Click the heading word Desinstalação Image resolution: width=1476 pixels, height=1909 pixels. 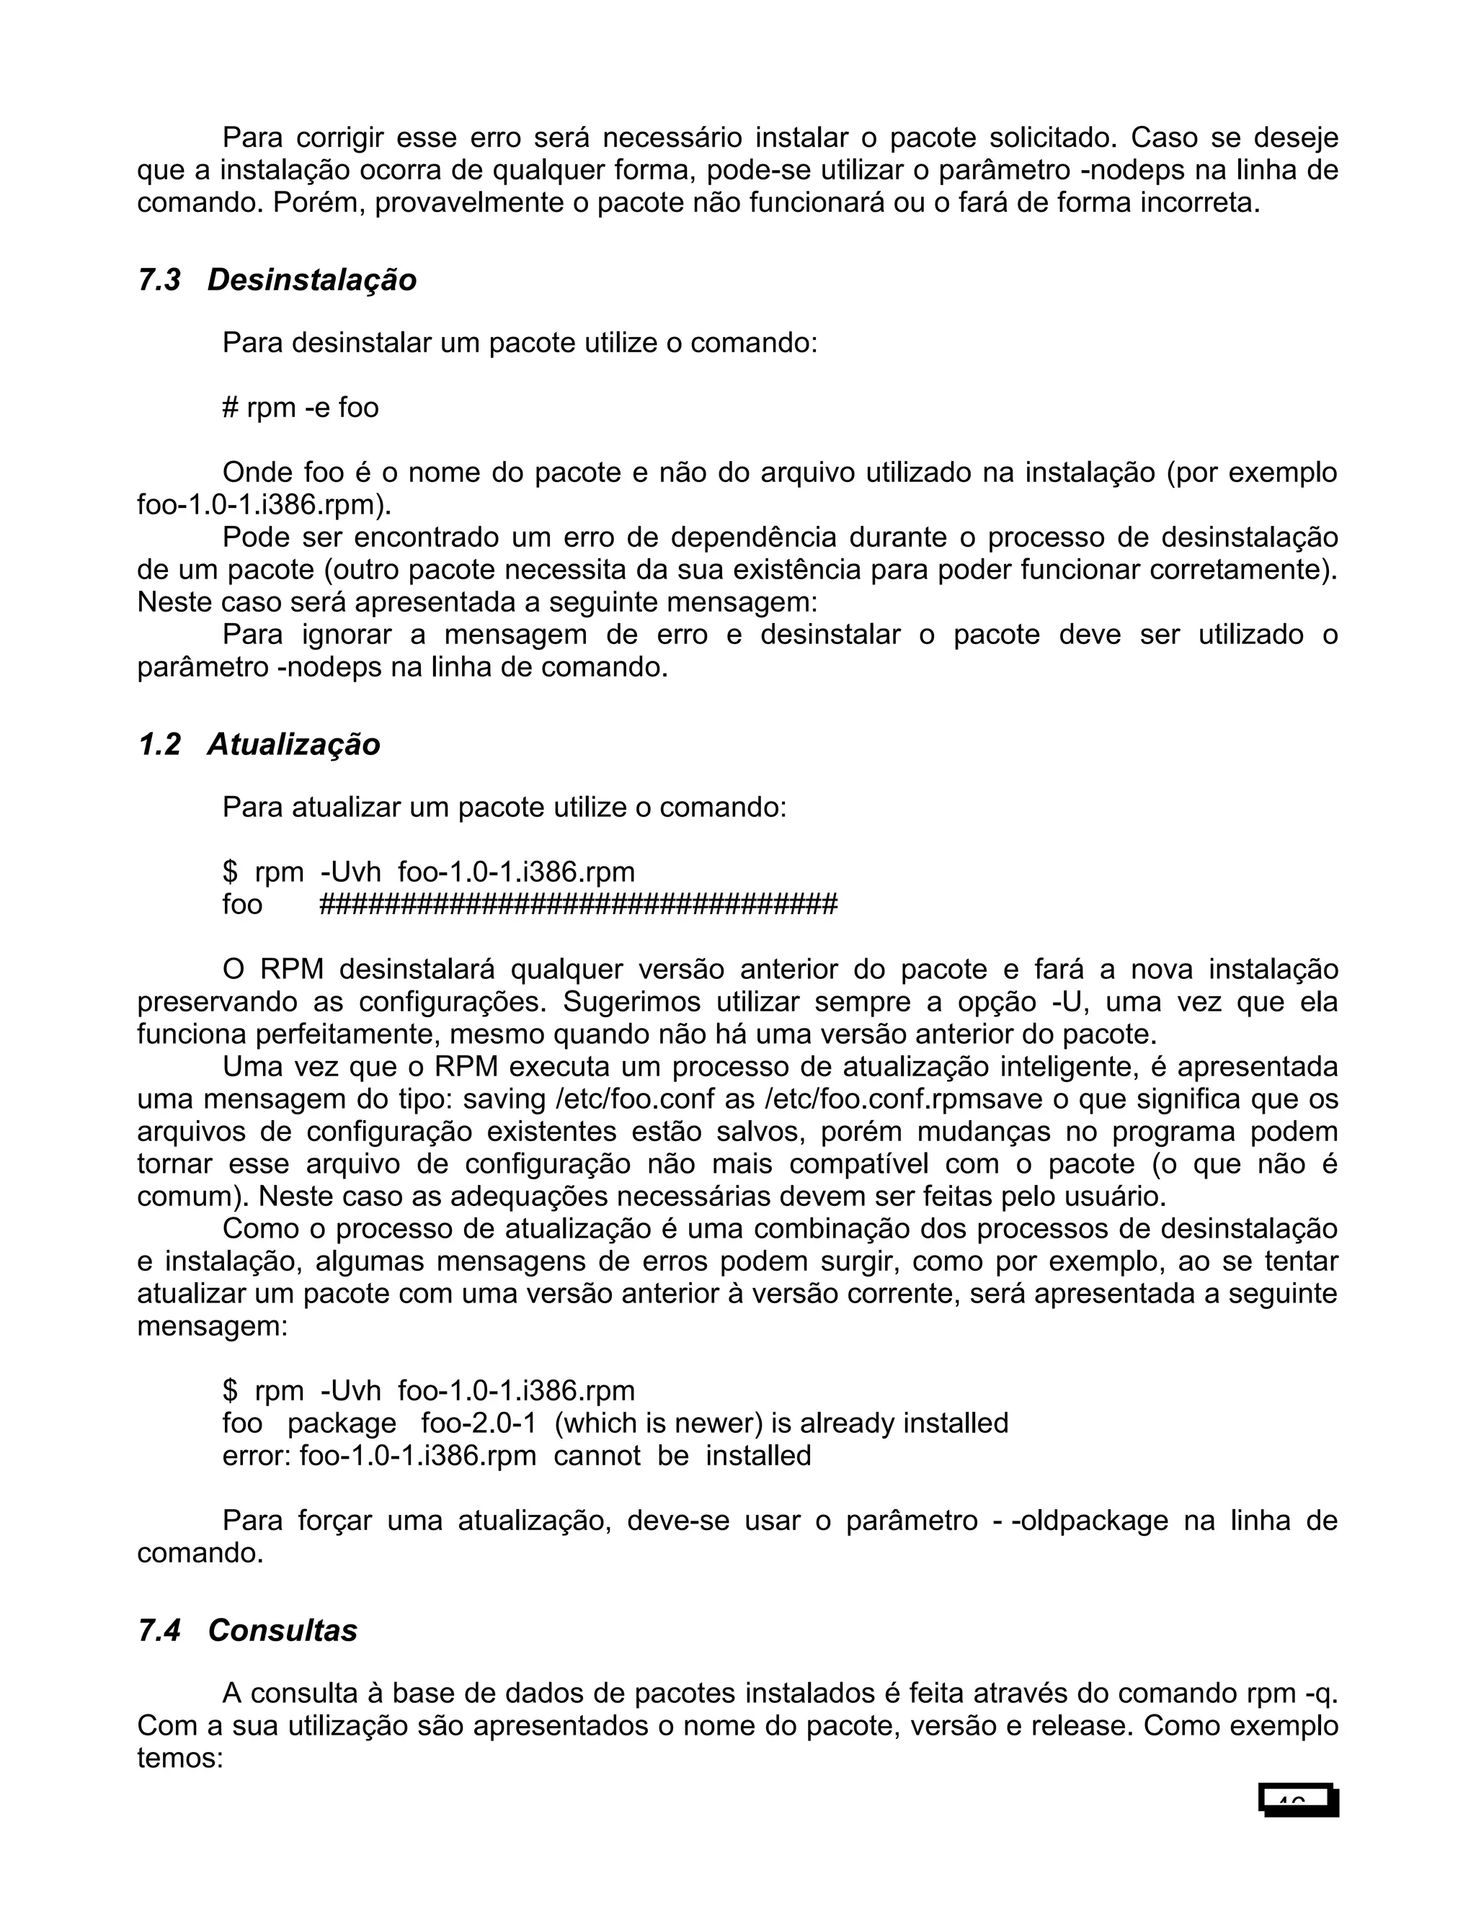[x=312, y=280]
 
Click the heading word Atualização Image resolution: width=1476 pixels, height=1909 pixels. [x=294, y=745]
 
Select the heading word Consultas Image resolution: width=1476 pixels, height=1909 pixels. [x=283, y=1631]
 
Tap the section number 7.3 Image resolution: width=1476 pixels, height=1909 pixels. [x=159, y=280]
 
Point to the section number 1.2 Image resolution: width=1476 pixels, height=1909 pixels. [x=159, y=745]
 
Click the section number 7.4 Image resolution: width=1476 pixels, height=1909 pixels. [x=159, y=1631]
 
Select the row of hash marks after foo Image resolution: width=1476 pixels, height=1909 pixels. [x=578, y=905]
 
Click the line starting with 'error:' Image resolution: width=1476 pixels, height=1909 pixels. [x=516, y=1456]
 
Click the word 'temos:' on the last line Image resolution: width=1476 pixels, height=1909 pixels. [x=180, y=1758]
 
